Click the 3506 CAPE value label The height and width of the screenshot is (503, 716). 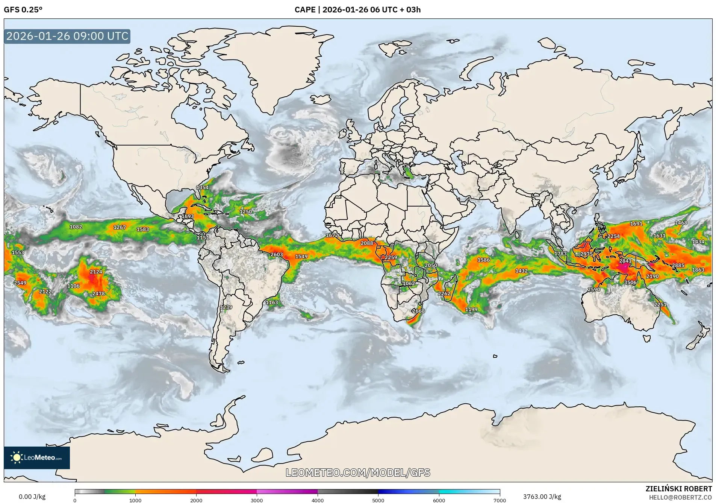630,283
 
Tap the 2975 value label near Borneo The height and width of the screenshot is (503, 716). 586,254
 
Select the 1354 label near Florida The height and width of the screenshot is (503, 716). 203,187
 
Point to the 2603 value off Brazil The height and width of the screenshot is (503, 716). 277,255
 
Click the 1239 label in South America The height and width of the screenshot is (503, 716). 226,307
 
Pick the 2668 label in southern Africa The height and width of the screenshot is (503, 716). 418,311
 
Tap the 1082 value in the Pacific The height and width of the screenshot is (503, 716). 76,227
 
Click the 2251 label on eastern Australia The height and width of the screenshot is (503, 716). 660,305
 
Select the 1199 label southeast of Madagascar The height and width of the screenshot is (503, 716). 471,310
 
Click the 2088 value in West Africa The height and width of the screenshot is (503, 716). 367,243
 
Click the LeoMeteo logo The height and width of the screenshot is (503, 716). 37,458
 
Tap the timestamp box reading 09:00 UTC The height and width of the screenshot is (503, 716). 67,36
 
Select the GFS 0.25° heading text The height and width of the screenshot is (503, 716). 23,10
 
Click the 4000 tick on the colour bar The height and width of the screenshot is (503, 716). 318,500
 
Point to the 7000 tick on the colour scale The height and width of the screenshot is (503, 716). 500,500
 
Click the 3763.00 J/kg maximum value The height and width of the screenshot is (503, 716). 542,497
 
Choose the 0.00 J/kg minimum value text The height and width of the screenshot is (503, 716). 32,497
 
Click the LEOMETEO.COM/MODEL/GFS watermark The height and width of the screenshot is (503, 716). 358,473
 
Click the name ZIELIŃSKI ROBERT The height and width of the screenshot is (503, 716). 679,489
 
